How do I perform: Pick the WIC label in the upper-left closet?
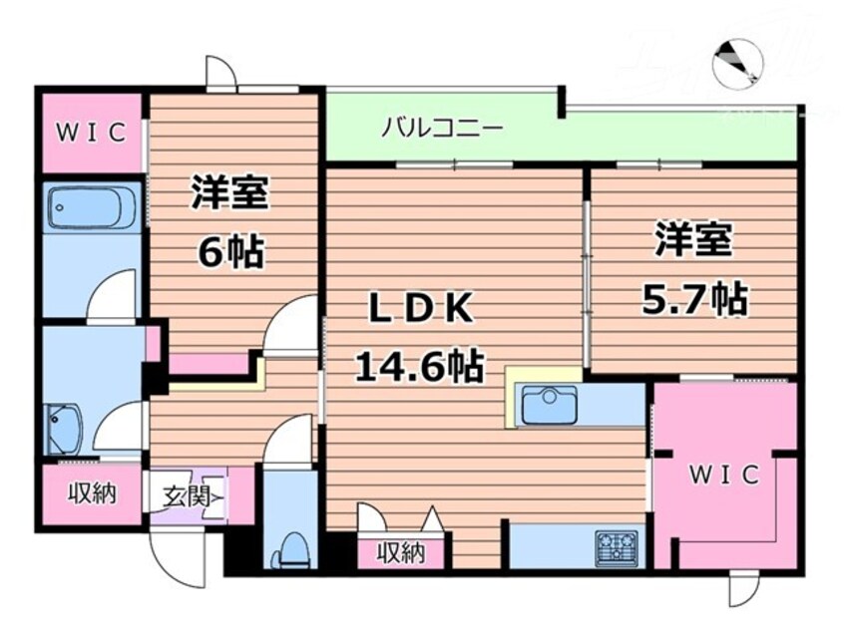click(x=91, y=132)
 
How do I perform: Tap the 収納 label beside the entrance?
click(x=89, y=492)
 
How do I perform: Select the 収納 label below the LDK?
click(x=403, y=553)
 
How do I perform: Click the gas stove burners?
click(x=619, y=547)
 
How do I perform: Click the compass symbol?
click(x=737, y=64)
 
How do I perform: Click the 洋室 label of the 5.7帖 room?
click(x=694, y=240)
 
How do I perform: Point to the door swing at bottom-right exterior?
click(x=744, y=590)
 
